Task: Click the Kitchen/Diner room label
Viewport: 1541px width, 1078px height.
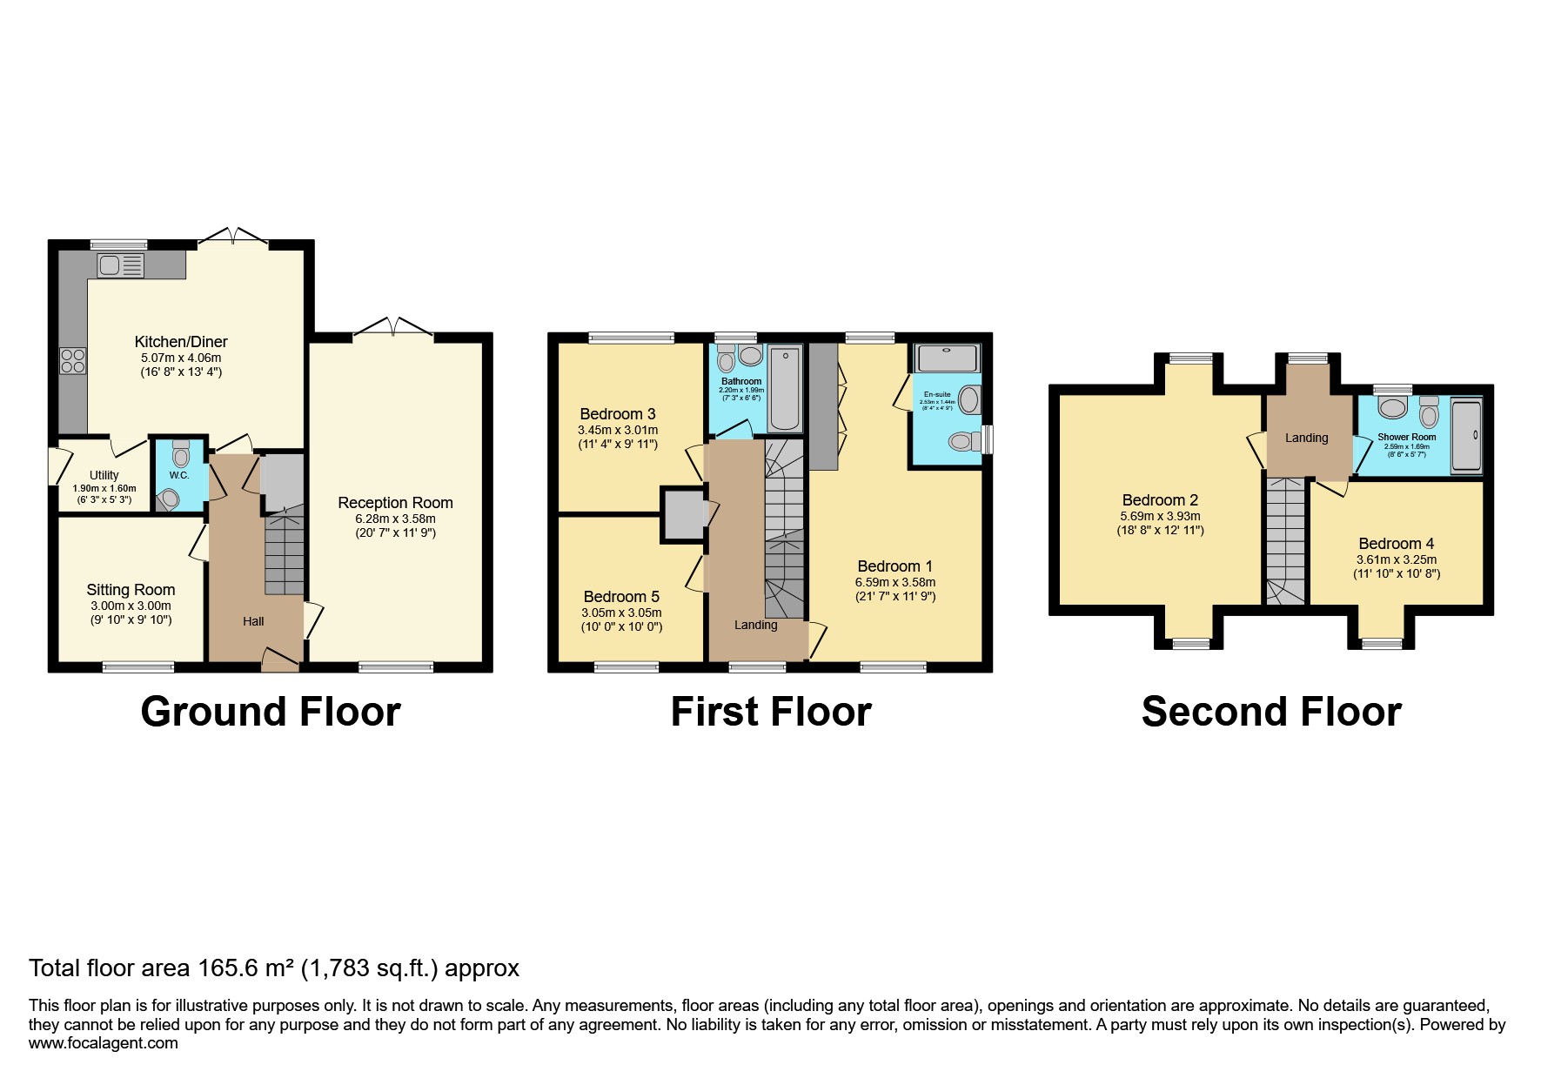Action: pyautogui.click(x=181, y=342)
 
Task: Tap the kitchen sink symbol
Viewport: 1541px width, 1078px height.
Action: pyautogui.click(x=120, y=265)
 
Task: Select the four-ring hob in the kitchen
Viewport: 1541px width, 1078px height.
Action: pyautogui.click(x=72, y=360)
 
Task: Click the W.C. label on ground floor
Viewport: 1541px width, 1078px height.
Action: pyautogui.click(x=179, y=475)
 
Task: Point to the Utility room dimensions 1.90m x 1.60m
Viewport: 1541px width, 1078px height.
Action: pyautogui.click(x=104, y=489)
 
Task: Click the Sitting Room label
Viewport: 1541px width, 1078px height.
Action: pyautogui.click(x=131, y=590)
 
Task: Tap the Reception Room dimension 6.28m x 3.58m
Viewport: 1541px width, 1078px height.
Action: pyautogui.click(x=395, y=519)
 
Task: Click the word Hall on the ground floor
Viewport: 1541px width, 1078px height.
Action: pyautogui.click(x=253, y=621)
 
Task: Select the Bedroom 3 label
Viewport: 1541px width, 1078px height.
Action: pyautogui.click(x=618, y=414)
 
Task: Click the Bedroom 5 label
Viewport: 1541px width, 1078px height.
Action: pyautogui.click(x=621, y=597)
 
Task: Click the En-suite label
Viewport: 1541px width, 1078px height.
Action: pyautogui.click(x=937, y=394)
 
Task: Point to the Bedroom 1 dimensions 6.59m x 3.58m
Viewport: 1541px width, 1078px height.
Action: pyautogui.click(x=894, y=582)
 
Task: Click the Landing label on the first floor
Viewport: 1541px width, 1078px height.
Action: pyautogui.click(x=755, y=625)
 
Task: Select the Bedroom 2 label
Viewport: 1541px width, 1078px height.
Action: pyautogui.click(x=1160, y=500)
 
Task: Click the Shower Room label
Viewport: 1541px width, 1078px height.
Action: pyautogui.click(x=1406, y=437)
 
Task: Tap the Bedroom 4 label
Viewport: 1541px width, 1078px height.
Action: pyautogui.click(x=1396, y=544)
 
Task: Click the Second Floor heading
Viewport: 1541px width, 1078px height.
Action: pyautogui.click(x=1270, y=712)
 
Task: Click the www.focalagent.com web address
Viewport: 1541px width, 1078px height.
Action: pyautogui.click(x=104, y=1043)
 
